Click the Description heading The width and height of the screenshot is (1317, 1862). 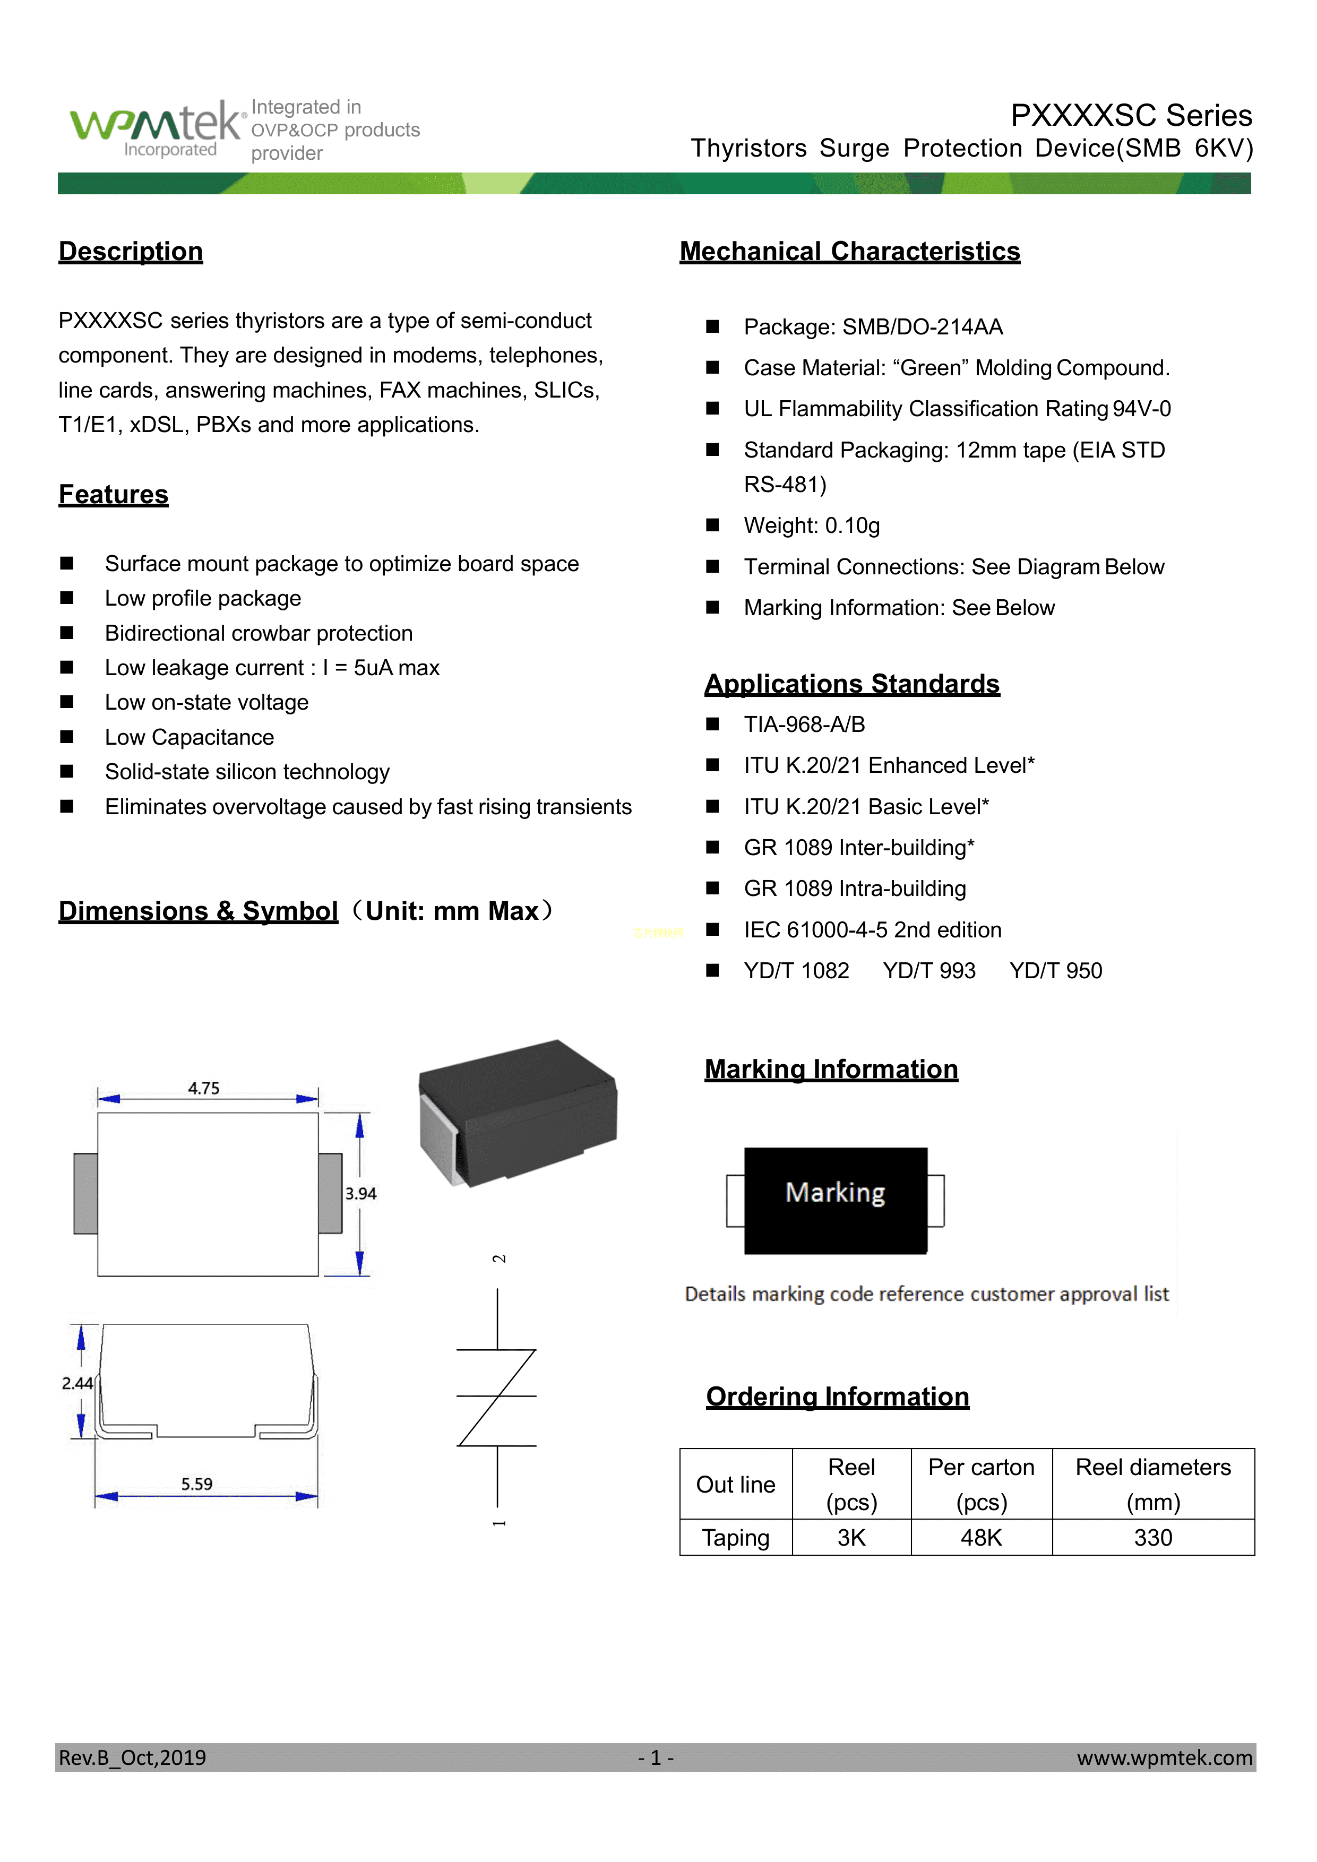point(131,252)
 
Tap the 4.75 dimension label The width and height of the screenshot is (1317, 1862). point(203,1088)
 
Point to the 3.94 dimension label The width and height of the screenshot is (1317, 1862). point(361,1194)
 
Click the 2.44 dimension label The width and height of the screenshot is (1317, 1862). point(77,1384)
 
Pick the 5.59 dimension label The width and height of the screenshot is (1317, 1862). point(196,1484)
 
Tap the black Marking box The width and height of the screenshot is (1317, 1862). point(836,1200)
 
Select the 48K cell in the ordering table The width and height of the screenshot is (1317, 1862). point(982,1538)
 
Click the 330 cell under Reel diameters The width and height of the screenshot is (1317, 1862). point(1152,1538)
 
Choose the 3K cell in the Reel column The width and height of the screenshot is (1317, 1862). point(851,1538)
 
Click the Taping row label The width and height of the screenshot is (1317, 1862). point(736,1538)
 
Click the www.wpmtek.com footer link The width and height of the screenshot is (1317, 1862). point(1165,1757)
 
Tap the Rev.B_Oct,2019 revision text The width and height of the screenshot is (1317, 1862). point(132,1757)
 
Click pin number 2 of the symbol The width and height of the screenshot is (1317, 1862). point(499,1258)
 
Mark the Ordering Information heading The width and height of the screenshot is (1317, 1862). point(838,1396)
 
